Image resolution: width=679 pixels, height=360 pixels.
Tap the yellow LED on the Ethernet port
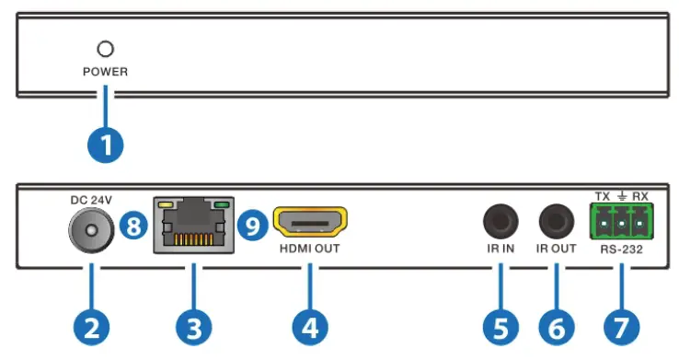click(x=166, y=204)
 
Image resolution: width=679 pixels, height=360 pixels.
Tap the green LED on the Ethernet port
click(x=220, y=204)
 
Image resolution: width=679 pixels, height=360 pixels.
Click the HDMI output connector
click(x=311, y=224)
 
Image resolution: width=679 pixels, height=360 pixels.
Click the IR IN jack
click(x=501, y=223)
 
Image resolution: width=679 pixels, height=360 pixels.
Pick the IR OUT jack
click(x=557, y=223)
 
